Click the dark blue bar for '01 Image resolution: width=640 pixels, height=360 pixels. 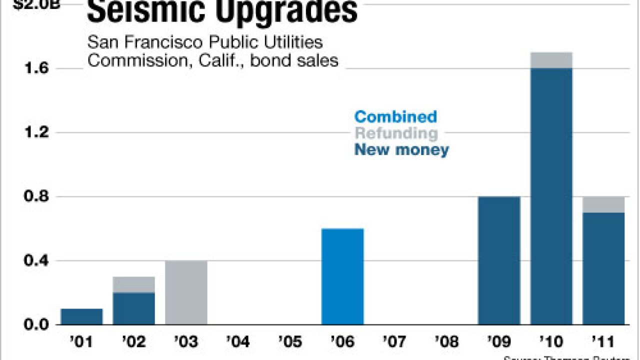81,316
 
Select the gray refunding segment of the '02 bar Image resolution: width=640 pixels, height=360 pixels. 134,284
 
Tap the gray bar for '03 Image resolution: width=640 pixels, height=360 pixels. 186,292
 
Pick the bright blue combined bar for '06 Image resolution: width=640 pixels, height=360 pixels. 342,276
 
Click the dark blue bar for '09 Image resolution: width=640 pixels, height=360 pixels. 499,260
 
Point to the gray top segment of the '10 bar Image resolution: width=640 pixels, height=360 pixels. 551,60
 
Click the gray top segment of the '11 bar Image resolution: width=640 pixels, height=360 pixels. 603,204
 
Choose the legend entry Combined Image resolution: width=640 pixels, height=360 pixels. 395,117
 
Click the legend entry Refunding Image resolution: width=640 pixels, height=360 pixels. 396,133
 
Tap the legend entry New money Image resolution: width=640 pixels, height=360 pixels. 401,149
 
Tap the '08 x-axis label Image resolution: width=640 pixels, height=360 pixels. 446,342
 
